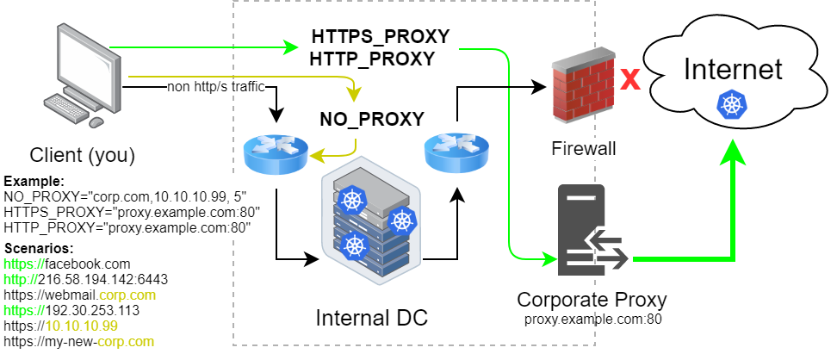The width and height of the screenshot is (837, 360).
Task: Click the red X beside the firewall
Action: click(x=629, y=79)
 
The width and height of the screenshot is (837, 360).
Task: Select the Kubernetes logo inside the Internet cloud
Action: click(x=728, y=105)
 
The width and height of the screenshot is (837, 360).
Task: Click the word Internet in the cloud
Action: click(x=733, y=70)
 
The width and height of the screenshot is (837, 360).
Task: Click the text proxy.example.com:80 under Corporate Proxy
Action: click(x=592, y=320)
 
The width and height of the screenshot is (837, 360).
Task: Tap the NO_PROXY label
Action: click(x=372, y=119)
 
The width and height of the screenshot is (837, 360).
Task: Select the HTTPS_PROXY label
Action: click(x=381, y=37)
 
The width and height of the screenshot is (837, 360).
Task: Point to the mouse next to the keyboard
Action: click(x=96, y=123)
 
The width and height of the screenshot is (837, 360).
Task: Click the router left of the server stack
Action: click(x=276, y=153)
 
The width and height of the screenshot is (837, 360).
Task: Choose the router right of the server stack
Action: click(x=456, y=152)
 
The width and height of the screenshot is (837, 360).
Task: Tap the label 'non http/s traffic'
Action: click(x=216, y=87)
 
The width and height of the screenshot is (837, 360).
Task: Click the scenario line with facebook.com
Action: click(x=66, y=264)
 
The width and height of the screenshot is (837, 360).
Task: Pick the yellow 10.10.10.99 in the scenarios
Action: click(x=81, y=326)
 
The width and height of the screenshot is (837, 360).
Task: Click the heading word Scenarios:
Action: click(x=39, y=248)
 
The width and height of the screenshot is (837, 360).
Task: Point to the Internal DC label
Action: click(x=371, y=318)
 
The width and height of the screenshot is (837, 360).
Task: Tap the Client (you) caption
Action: click(x=82, y=155)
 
